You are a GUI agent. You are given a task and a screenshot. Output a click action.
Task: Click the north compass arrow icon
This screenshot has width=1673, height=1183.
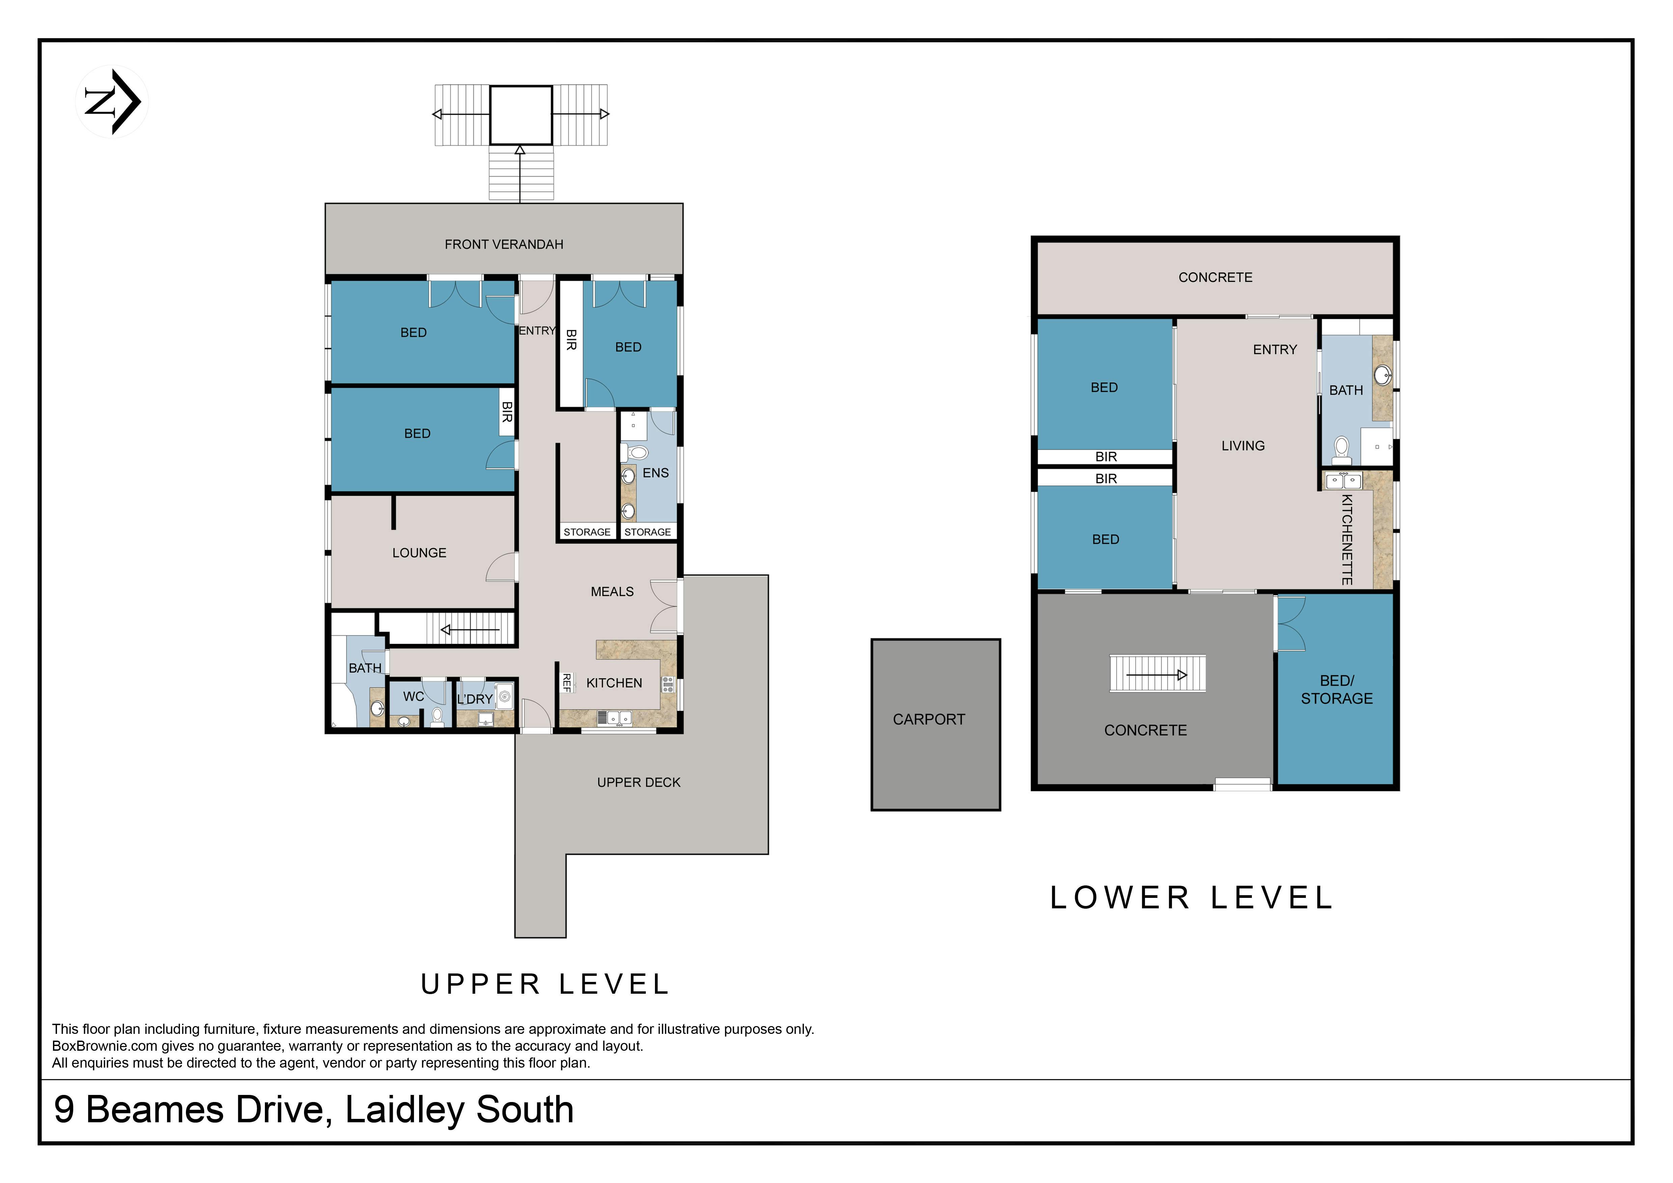tap(112, 102)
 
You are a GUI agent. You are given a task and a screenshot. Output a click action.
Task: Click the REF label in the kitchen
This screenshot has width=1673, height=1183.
tap(566, 683)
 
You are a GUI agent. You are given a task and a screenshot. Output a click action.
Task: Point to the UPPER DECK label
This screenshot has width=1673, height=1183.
tap(639, 782)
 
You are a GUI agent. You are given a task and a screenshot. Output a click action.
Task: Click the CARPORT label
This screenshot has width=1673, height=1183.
tap(929, 720)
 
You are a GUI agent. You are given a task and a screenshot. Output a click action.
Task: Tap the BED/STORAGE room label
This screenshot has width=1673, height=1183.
tap(1337, 690)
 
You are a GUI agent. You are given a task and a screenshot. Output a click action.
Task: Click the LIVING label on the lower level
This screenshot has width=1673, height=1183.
tap(1243, 446)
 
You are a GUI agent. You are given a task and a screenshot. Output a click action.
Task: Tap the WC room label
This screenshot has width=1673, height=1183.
tap(414, 696)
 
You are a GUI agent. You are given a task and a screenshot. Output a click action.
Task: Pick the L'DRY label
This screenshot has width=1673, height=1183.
tap(475, 699)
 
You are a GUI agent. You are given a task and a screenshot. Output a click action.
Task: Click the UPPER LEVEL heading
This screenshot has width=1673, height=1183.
tap(545, 985)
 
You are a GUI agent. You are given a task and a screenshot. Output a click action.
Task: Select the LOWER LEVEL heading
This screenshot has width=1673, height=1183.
tap(1192, 898)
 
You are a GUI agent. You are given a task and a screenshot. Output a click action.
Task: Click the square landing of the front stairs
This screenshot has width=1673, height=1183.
tap(520, 115)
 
